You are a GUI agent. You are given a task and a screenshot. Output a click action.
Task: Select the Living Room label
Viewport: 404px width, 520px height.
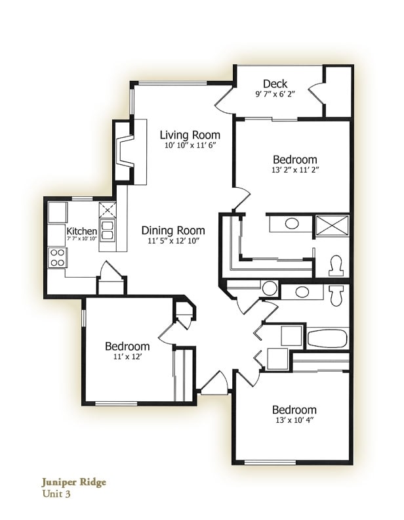click(190, 135)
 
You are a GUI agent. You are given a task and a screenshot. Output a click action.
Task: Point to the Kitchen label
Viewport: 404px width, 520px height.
click(82, 231)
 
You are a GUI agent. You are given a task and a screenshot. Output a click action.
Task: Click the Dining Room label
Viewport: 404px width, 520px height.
click(173, 230)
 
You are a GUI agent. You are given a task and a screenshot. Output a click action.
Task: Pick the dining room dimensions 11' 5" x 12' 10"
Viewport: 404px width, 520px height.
click(173, 240)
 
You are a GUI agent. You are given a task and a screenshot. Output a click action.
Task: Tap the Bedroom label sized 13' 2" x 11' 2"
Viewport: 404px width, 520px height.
click(294, 160)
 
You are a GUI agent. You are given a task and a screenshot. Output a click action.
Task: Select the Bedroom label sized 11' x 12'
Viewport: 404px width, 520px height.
click(127, 346)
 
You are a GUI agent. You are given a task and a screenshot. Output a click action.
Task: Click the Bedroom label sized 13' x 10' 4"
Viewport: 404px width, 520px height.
click(294, 410)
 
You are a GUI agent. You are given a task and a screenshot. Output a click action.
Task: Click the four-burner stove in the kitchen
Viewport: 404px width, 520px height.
click(58, 258)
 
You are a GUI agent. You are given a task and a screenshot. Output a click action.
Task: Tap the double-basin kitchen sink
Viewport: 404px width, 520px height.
click(108, 229)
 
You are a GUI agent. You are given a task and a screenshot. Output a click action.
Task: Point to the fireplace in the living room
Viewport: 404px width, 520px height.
click(125, 152)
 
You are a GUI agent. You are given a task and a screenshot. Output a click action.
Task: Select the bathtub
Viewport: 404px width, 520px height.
click(327, 339)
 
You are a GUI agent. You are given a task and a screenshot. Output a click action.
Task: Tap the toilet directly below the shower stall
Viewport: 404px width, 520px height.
click(336, 265)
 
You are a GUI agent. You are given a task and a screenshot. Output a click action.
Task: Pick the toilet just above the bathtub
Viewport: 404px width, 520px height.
click(336, 294)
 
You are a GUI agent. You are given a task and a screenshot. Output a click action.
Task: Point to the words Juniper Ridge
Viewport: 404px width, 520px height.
click(73, 482)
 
